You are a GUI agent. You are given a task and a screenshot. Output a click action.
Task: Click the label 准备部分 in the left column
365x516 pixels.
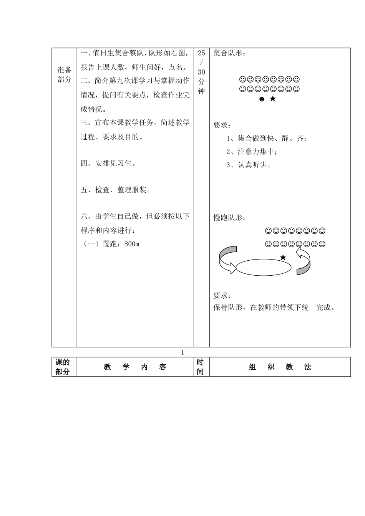coord(64,74)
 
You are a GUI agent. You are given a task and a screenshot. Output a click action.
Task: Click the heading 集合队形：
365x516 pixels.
coord(229,53)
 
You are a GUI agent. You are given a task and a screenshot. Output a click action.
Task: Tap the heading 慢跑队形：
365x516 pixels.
coord(229,218)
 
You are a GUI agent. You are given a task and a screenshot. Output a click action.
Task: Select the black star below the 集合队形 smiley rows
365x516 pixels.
coord(273,99)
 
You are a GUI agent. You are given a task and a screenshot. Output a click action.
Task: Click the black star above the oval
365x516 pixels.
coord(283,257)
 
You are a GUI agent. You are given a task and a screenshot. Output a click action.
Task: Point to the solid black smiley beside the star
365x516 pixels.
coord(262,99)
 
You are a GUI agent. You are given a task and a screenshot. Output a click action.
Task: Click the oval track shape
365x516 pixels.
coord(263,267)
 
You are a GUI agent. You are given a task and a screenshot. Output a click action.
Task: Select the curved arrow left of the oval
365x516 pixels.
coord(227,260)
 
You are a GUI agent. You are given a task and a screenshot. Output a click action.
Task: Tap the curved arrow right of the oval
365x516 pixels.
coord(303,261)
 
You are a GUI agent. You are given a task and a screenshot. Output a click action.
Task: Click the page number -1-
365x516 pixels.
coord(182,352)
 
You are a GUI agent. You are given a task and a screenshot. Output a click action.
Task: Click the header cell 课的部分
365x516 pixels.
coord(63,367)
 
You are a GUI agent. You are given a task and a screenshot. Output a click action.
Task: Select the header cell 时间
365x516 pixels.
coord(200,367)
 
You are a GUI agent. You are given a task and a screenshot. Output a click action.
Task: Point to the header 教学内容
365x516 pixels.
coord(135,367)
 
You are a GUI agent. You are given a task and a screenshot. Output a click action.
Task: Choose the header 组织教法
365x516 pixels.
coord(280,367)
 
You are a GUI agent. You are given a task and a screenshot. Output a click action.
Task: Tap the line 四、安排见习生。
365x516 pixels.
coord(109,164)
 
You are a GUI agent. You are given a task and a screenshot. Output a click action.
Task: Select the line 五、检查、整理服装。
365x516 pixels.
coord(116,190)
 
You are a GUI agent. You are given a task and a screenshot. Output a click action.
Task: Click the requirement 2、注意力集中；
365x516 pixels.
coord(252,152)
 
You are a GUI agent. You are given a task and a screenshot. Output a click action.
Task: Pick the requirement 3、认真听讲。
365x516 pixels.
coord(249,165)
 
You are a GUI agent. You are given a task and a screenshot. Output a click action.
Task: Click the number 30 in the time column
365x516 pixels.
coord(202,72)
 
